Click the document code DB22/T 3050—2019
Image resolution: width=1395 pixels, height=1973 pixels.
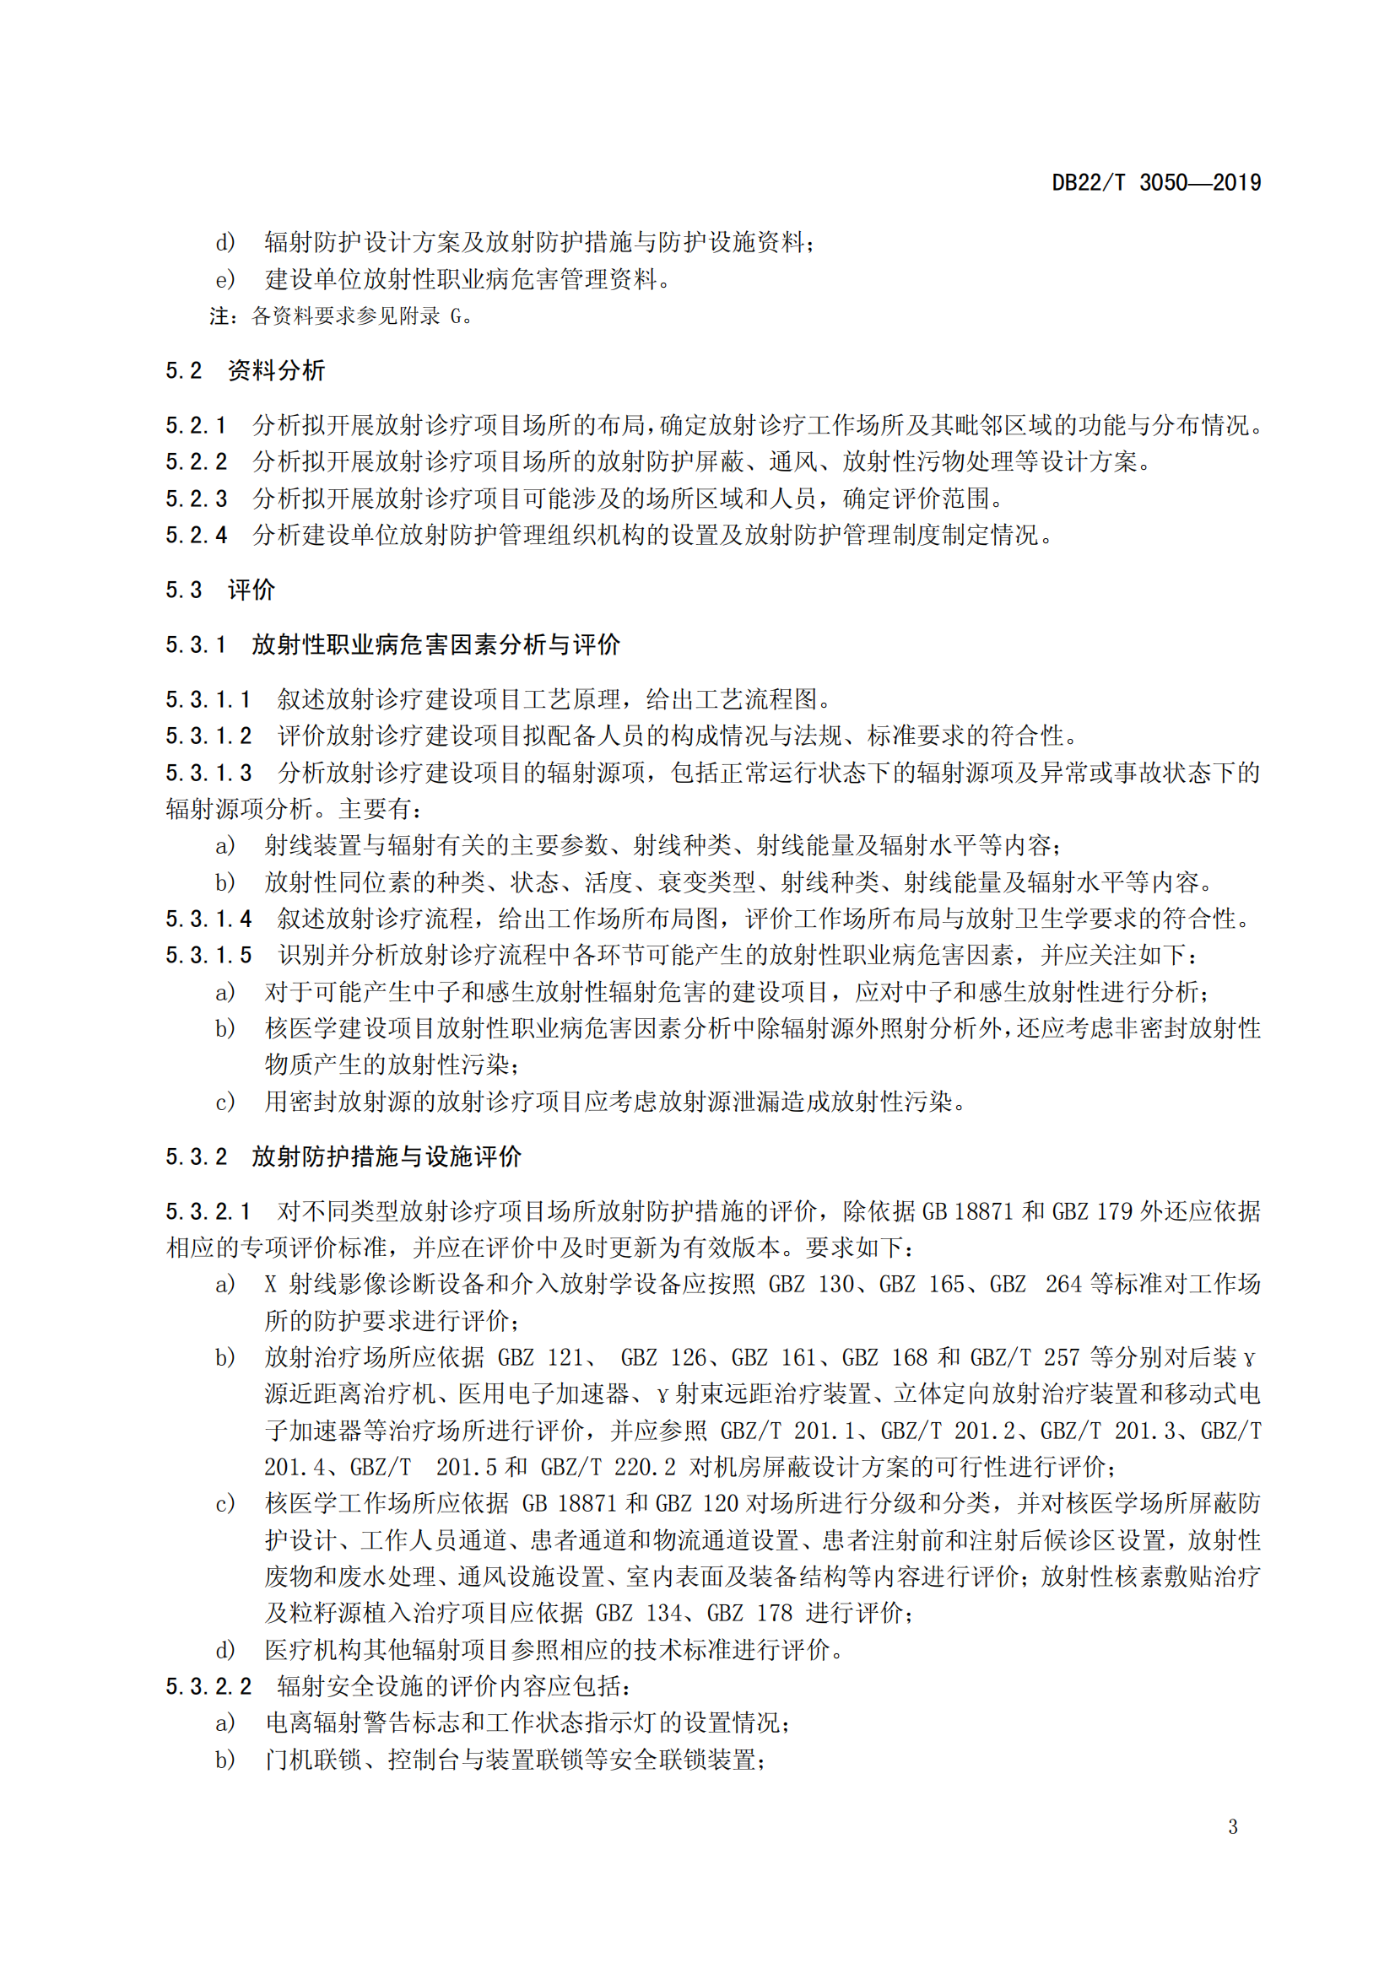pyautogui.click(x=1155, y=182)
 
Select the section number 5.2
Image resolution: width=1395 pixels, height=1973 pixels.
pyautogui.click(x=184, y=370)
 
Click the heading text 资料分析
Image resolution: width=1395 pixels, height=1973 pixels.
pyautogui.click(x=276, y=370)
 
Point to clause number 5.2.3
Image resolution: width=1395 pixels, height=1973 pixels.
pyautogui.click(x=196, y=499)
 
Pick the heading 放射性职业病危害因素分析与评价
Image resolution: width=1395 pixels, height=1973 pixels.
pyautogui.click(x=435, y=644)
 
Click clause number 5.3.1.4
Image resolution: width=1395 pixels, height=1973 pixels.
pyautogui.click(x=208, y=919)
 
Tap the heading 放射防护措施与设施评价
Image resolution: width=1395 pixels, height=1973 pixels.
pyautogui.click(x=386, y=1156)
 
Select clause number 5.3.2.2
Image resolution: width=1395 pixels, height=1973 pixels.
pyautogui.click(x=208, y=1686)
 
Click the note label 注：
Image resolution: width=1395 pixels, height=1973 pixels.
pyautogui.click(x=224, y=316)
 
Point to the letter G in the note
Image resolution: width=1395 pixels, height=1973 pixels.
pyautogui.click(x=457, y=316)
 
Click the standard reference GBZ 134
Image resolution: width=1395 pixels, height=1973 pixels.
pyautogui.click(x=638, y=1613)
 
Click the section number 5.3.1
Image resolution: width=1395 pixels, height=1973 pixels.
pyautogui.click(x=196, y=644)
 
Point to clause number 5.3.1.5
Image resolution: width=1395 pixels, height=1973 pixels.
pyautogui.click(x=208, y=955)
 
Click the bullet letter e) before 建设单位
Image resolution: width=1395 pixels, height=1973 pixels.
pyautogui.click(x=224, y=279)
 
